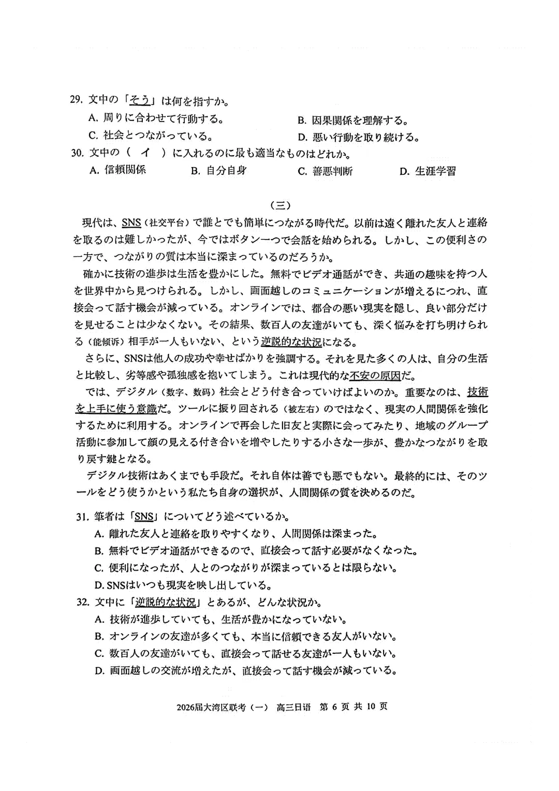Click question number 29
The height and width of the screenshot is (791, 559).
(x=77, y=100)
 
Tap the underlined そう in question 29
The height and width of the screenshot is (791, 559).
(x=139, y=100)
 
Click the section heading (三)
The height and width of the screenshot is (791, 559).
(x=279, y=205)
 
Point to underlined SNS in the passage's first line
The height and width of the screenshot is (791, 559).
(x=131, y=223)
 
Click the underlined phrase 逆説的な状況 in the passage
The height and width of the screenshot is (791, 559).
(x=291, y=342)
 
